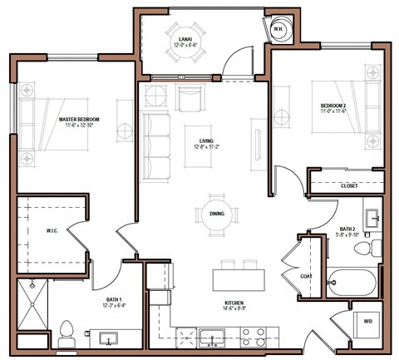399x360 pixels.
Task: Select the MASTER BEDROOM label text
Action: (x=80, y=121)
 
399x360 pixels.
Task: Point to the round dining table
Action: (x=215, y=215)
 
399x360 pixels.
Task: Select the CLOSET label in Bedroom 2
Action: (x=350, y=186)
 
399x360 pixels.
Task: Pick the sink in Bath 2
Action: (x=372, y=219)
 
